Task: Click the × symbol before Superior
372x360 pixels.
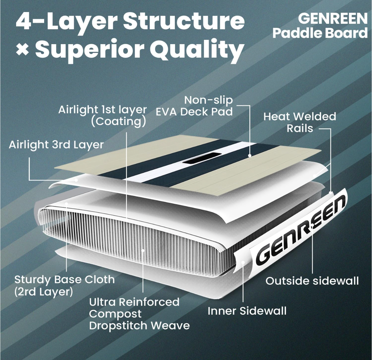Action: click(x=23, y=49)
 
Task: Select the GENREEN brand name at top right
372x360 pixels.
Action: click(x=332, y=19)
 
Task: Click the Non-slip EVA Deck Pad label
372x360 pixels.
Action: click(x=194, y=106)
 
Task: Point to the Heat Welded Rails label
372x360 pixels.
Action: click(x=299, y=122)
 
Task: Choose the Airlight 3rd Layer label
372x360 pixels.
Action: click(x=56, y=145)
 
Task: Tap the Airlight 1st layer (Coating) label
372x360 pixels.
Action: click(x=102, y=116)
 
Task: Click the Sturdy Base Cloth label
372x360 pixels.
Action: click(x=64, y=285)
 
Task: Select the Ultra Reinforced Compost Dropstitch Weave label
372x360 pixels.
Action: click(x=139, y=314)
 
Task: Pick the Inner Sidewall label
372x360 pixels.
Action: click(x=247, y=311)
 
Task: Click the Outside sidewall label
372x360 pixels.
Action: click(x=312, y=281)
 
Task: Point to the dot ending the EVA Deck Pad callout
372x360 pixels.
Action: click(x=250, y=156)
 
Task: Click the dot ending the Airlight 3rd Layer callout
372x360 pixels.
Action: click(x=76, y=180)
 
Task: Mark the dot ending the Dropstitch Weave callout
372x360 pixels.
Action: click(x=143, y=250)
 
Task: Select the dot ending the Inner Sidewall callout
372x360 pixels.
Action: click(x=243, y=262)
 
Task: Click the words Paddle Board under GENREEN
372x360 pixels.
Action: click(x=320, y=33)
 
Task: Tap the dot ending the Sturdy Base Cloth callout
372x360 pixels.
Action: click(x=66, y=204)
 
